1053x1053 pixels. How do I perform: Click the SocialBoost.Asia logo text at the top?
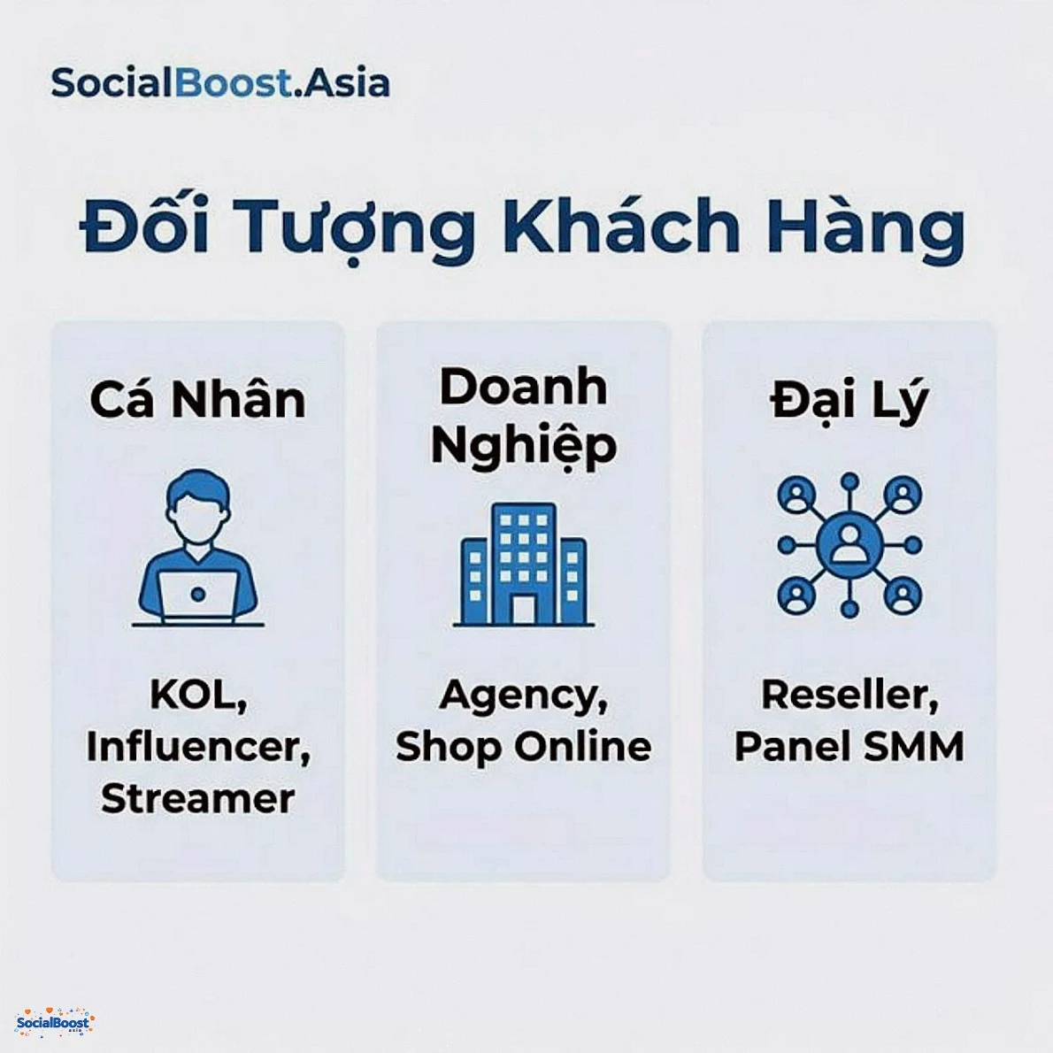[x=219, y=83]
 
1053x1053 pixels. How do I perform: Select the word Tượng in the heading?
[x=357, y=228]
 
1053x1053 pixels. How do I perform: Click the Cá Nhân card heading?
[x=197, y=400]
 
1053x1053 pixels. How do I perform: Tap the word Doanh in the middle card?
[x=523, y=388]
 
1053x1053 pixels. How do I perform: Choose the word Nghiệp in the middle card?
[x=523, y=445]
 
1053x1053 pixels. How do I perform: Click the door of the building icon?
[x=523, y=608]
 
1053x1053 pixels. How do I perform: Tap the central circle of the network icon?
[x=849, y=544]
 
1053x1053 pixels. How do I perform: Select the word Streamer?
[x=197, y=798]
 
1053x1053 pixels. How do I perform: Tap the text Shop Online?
[x=523, y=747]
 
